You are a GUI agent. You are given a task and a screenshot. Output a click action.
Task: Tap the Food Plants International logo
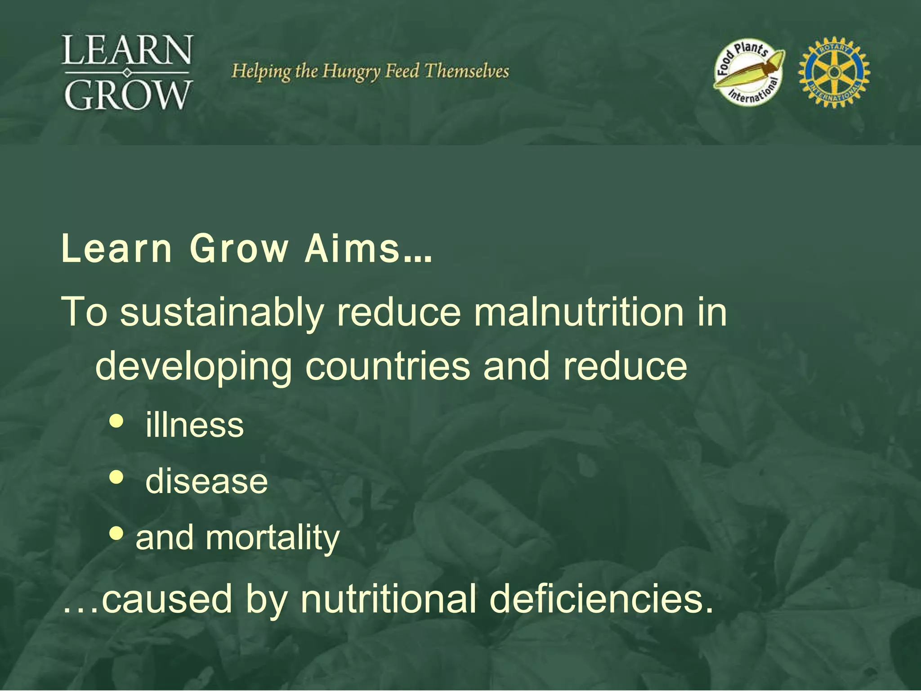pyautogui.click(x=749, y=72)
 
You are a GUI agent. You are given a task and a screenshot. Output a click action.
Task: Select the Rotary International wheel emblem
pyautogui.click(x=834, y=72)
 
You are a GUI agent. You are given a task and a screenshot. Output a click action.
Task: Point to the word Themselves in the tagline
pyautogui.click(x=466, y=71)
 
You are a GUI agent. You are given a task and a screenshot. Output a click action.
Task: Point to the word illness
pyautogui.click(x=194, y=425)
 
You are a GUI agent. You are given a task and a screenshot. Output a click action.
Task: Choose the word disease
pyautogui.click(x=206, y=481)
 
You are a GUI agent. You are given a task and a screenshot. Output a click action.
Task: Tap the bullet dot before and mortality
pyautogui.click(x=116, y=534)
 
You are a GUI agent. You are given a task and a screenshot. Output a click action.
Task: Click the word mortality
pyautogui.click(x=273, y=538)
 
